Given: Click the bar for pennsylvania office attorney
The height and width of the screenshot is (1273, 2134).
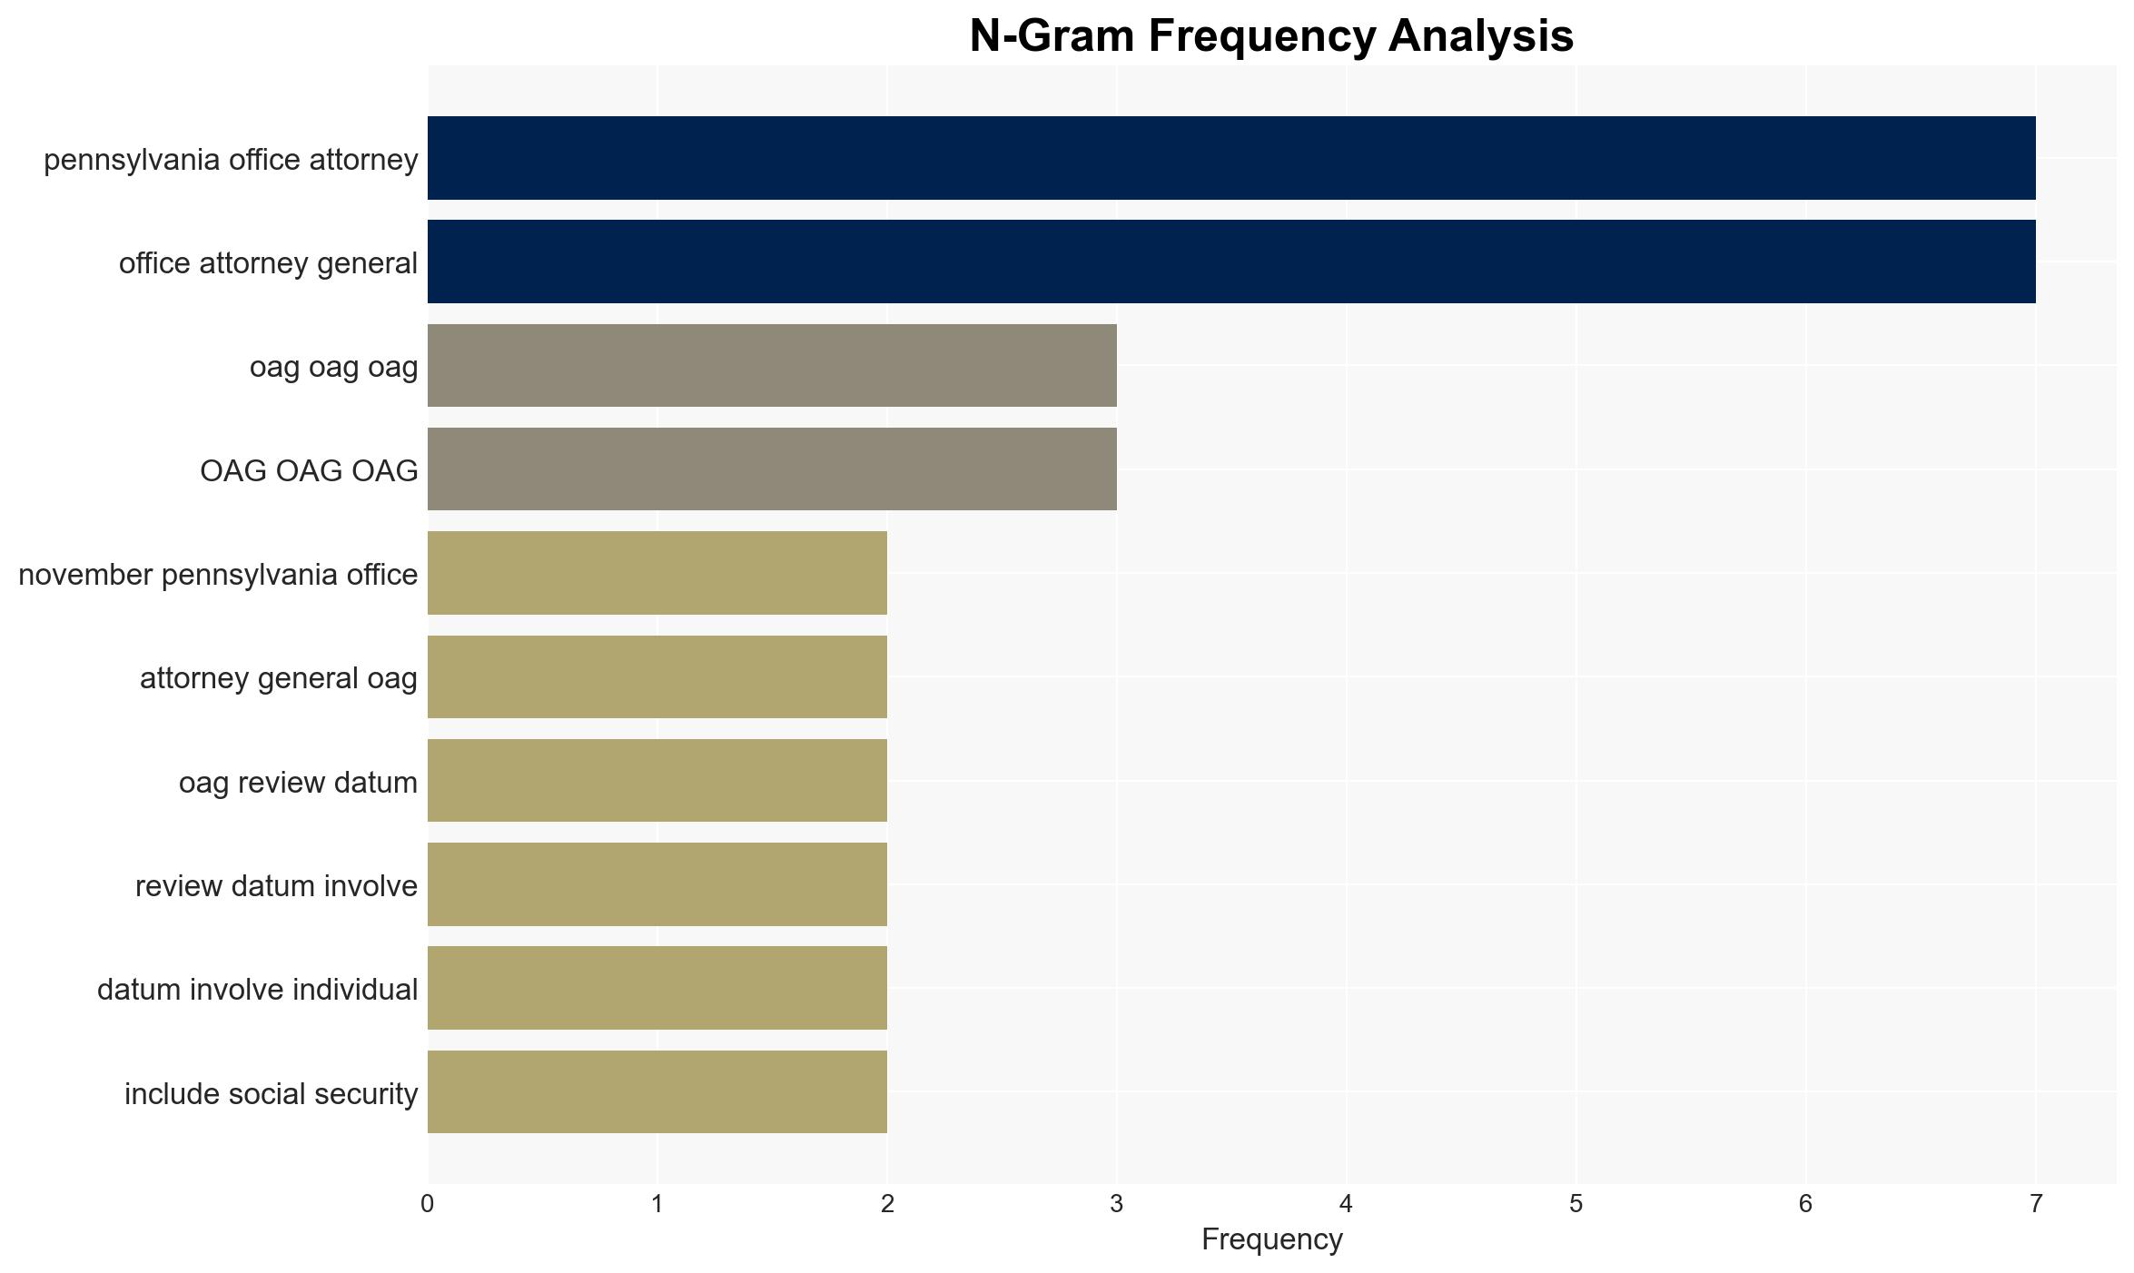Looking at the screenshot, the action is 1231,158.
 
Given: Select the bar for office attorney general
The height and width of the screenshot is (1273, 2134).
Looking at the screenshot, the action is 1231,262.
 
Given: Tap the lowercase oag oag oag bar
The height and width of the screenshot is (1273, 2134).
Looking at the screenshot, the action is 772,366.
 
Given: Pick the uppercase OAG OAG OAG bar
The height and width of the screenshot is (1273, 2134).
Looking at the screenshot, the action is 772,469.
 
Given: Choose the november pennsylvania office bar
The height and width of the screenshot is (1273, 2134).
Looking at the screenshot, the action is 657,573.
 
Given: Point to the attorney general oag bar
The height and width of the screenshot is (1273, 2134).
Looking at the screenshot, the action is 657,676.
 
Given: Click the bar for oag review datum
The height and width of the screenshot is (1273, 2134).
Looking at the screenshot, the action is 657,781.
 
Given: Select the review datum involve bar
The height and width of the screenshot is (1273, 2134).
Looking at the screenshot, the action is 657,884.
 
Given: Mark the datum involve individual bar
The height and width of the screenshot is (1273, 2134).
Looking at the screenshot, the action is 657,988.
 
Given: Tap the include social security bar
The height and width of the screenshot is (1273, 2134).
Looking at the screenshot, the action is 657,1092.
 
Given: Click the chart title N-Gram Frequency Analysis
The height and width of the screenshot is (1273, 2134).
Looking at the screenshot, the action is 1271,36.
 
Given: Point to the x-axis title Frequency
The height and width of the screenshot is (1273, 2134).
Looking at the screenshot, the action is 1271,1239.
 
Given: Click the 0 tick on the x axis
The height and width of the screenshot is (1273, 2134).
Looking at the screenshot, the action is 428,1204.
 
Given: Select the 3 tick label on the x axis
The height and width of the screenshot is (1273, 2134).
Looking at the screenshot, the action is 1117,1204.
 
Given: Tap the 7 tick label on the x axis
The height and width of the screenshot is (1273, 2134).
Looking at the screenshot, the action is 2036,1204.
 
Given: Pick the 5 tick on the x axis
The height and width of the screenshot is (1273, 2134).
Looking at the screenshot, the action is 1576,1204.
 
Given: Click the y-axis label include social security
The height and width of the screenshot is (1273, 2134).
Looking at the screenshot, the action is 271,1094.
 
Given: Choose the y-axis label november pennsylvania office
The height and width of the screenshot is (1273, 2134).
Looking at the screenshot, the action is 218,575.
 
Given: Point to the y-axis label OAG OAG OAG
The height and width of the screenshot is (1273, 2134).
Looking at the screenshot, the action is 309,470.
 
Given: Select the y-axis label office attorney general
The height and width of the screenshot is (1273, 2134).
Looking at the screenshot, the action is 268,263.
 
